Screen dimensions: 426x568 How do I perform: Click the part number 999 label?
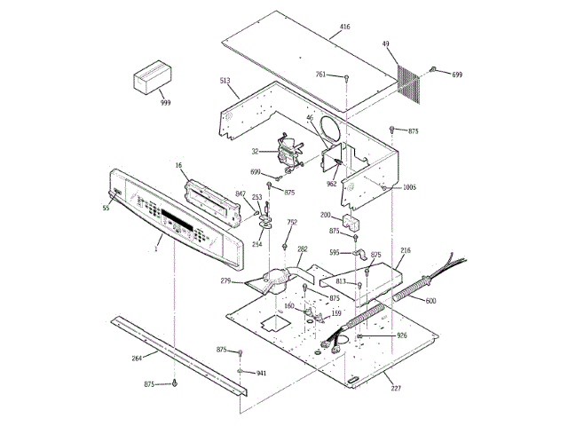pos(165,103)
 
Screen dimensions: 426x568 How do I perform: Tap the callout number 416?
pos(344,28)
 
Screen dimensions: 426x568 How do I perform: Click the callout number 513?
pos(225,81)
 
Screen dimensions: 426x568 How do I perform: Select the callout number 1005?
pos(409,187)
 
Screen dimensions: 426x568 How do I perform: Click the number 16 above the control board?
pos(178,165)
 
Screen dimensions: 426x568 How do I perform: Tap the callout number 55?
pos(106,208)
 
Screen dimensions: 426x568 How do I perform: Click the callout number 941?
pos(261,374)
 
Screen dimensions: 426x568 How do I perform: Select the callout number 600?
pos(430,301)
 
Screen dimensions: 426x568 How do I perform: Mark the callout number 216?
pos(406,251)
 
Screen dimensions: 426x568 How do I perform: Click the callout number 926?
pos(401,335)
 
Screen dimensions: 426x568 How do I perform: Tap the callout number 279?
pos(225,281)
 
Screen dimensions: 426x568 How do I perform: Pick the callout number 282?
pos(302,249)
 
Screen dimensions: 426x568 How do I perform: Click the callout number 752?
pos(292,222)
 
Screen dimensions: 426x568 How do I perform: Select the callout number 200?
pos(325,216)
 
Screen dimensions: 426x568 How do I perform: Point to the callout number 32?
pos(255,152)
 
